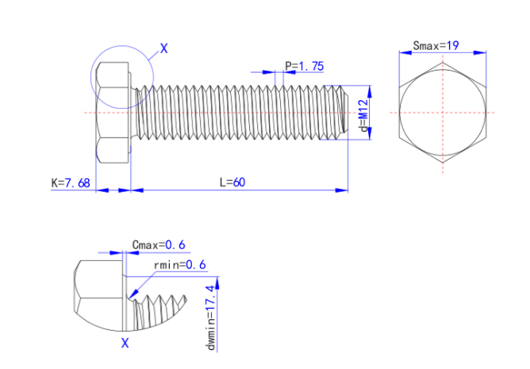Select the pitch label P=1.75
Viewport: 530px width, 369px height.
tap(304, 67)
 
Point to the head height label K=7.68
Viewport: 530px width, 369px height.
tap(71, 183)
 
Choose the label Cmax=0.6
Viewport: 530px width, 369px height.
tap(159, 244)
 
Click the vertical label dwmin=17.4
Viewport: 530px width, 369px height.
tap(210, 316)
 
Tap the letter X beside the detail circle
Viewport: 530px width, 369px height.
tap(164, 48)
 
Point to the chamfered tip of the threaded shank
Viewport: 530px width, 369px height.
tap(343, 113)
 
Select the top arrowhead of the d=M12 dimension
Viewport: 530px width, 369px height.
tap(369, 89)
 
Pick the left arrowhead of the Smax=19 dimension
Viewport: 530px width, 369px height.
tap(401, 52)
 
